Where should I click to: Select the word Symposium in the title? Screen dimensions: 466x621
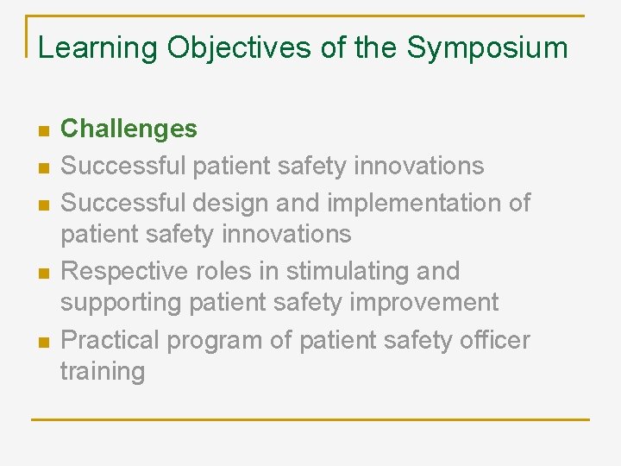487,48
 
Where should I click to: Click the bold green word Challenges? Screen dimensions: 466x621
129,129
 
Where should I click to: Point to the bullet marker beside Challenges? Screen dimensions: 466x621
42,131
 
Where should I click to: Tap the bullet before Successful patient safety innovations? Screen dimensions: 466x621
42,167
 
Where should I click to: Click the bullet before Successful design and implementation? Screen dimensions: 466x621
42,205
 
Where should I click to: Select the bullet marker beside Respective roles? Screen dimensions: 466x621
42,273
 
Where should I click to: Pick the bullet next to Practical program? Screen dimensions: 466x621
42,342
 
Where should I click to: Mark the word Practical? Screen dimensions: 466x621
110,341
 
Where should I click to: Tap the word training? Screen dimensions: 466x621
103,372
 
